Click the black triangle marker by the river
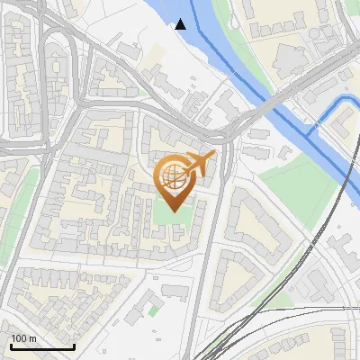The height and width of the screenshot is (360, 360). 181,23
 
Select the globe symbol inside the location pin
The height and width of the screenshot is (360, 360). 175,177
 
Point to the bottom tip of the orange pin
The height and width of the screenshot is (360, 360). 175,211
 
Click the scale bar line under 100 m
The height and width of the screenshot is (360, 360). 41,347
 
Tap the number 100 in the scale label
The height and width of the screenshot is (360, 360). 19,338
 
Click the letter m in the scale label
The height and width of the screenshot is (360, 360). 32,338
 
